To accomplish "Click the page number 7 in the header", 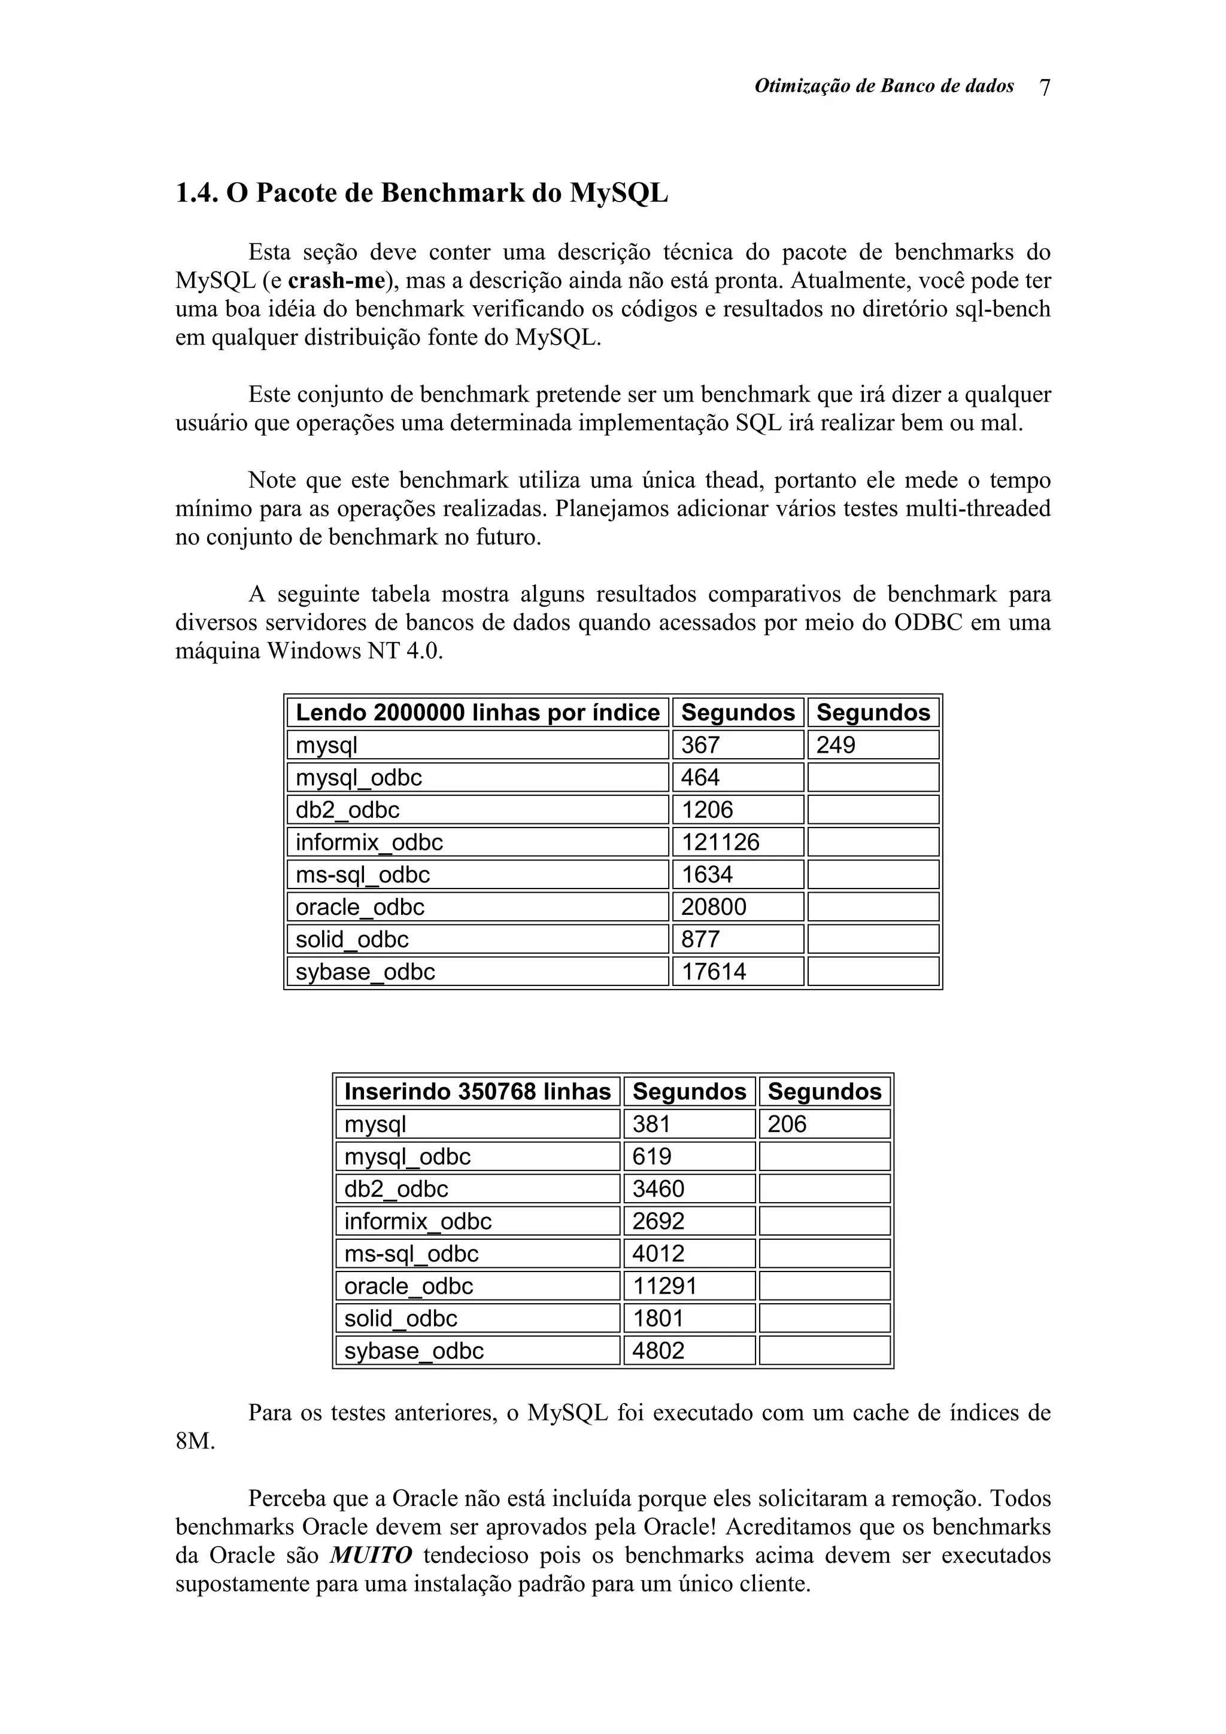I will [x=1045, y=87].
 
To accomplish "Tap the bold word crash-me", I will [x=337, y=281].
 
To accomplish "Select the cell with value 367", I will [x=700, y=745].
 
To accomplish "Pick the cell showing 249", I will [x=836, y=745].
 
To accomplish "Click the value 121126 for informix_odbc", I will [x=720, y=842].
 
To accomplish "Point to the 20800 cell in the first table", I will [x=713, y=906].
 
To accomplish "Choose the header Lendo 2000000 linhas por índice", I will [x=477, y=712].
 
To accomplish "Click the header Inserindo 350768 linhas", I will [x=477, y=1091].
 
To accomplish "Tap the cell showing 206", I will [x=787, y=1124].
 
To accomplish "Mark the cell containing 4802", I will [x=658, y=1350].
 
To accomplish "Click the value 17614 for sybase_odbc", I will [x=713, y=971].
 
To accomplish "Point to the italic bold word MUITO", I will [x=371, y=1556].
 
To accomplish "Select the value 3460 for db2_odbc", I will [x=658, y=1189].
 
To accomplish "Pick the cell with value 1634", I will [x=707, y=875].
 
